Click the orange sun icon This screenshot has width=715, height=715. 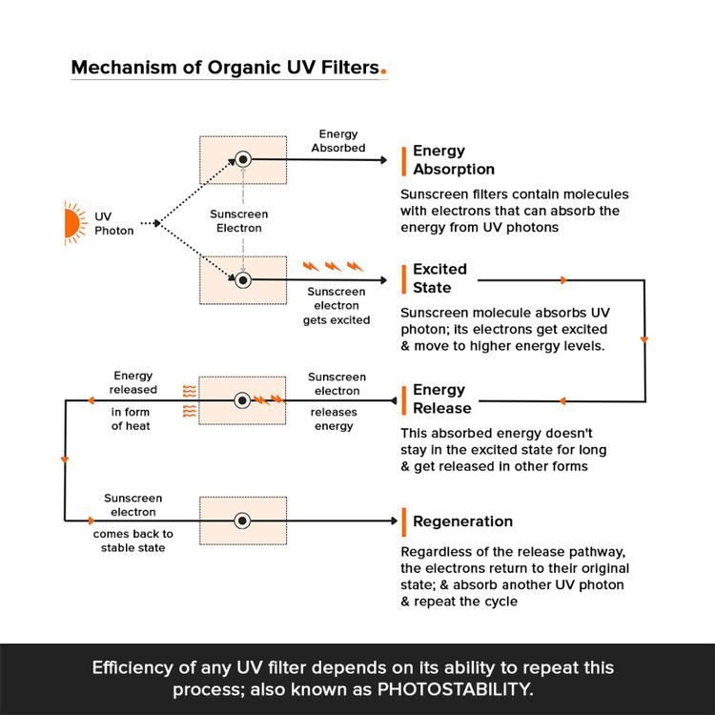(x=72, y=223)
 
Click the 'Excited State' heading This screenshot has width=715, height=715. (x=439, y=278)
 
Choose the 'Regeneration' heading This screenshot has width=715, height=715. (x=462, y=521)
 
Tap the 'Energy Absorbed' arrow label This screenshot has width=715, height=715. (x=337, y=141)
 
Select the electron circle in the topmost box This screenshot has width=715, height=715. (x=243, y=159)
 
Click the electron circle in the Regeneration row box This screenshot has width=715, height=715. (x=243, y=521)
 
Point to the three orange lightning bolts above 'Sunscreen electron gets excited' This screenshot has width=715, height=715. (x=333, y=266)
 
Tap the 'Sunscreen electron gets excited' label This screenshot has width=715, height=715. (x=336, y=306)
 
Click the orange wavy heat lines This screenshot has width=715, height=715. (x=190, y=400)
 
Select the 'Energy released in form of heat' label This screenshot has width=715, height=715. (x=133, y=400)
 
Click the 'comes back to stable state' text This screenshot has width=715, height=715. (x=133, y=541)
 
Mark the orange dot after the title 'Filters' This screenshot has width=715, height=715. (x=383, y=71)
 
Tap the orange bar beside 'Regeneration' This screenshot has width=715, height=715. (x=404, y=521)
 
